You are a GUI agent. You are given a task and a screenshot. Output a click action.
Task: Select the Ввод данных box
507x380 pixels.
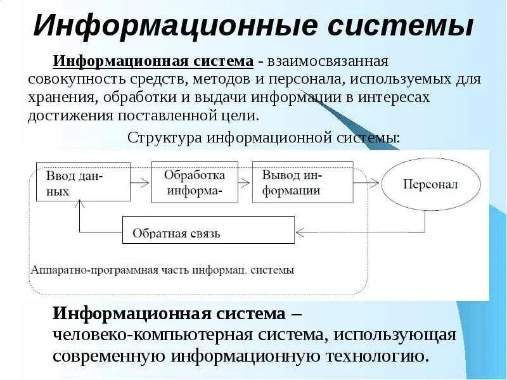tap(83, 182)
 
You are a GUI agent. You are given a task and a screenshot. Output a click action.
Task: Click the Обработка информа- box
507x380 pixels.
tap(194, 182)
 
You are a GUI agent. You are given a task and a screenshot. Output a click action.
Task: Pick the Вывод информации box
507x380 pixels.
tap(293, 182)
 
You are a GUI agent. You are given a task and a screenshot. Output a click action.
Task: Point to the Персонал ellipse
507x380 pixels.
tap(430, 184)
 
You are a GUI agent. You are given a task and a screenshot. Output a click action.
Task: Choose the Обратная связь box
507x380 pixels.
tap(208, 230)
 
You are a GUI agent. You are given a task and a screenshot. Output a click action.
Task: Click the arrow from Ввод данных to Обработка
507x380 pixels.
tap(141, 182)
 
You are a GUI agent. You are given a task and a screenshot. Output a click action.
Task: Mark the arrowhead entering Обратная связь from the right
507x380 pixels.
tap(300, 232)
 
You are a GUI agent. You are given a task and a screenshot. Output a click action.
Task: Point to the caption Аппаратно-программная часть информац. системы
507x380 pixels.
tap(162, 269)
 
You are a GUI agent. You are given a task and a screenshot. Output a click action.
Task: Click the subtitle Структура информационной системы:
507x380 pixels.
tap(264, 137)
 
